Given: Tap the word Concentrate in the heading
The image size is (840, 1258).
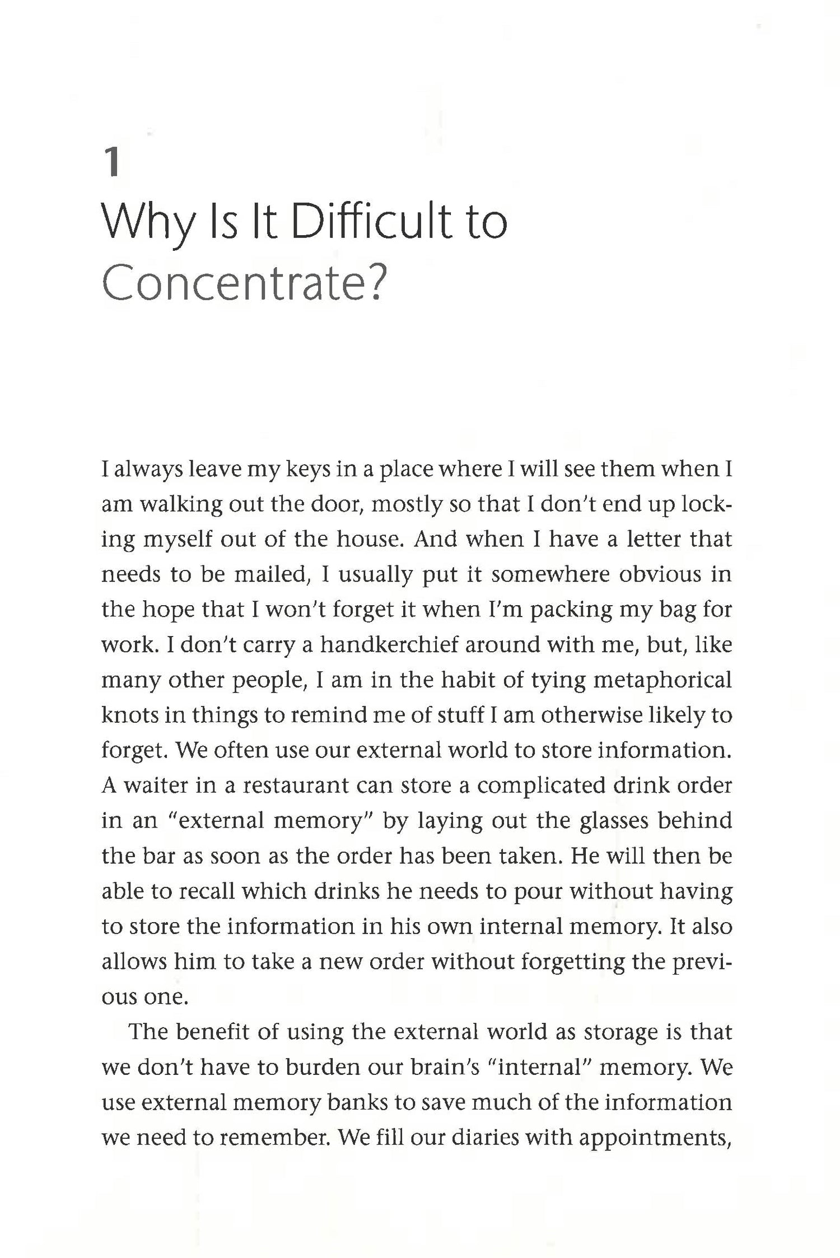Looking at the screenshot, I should [235, 283].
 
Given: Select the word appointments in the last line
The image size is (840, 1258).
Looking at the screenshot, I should [654, 1138].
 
